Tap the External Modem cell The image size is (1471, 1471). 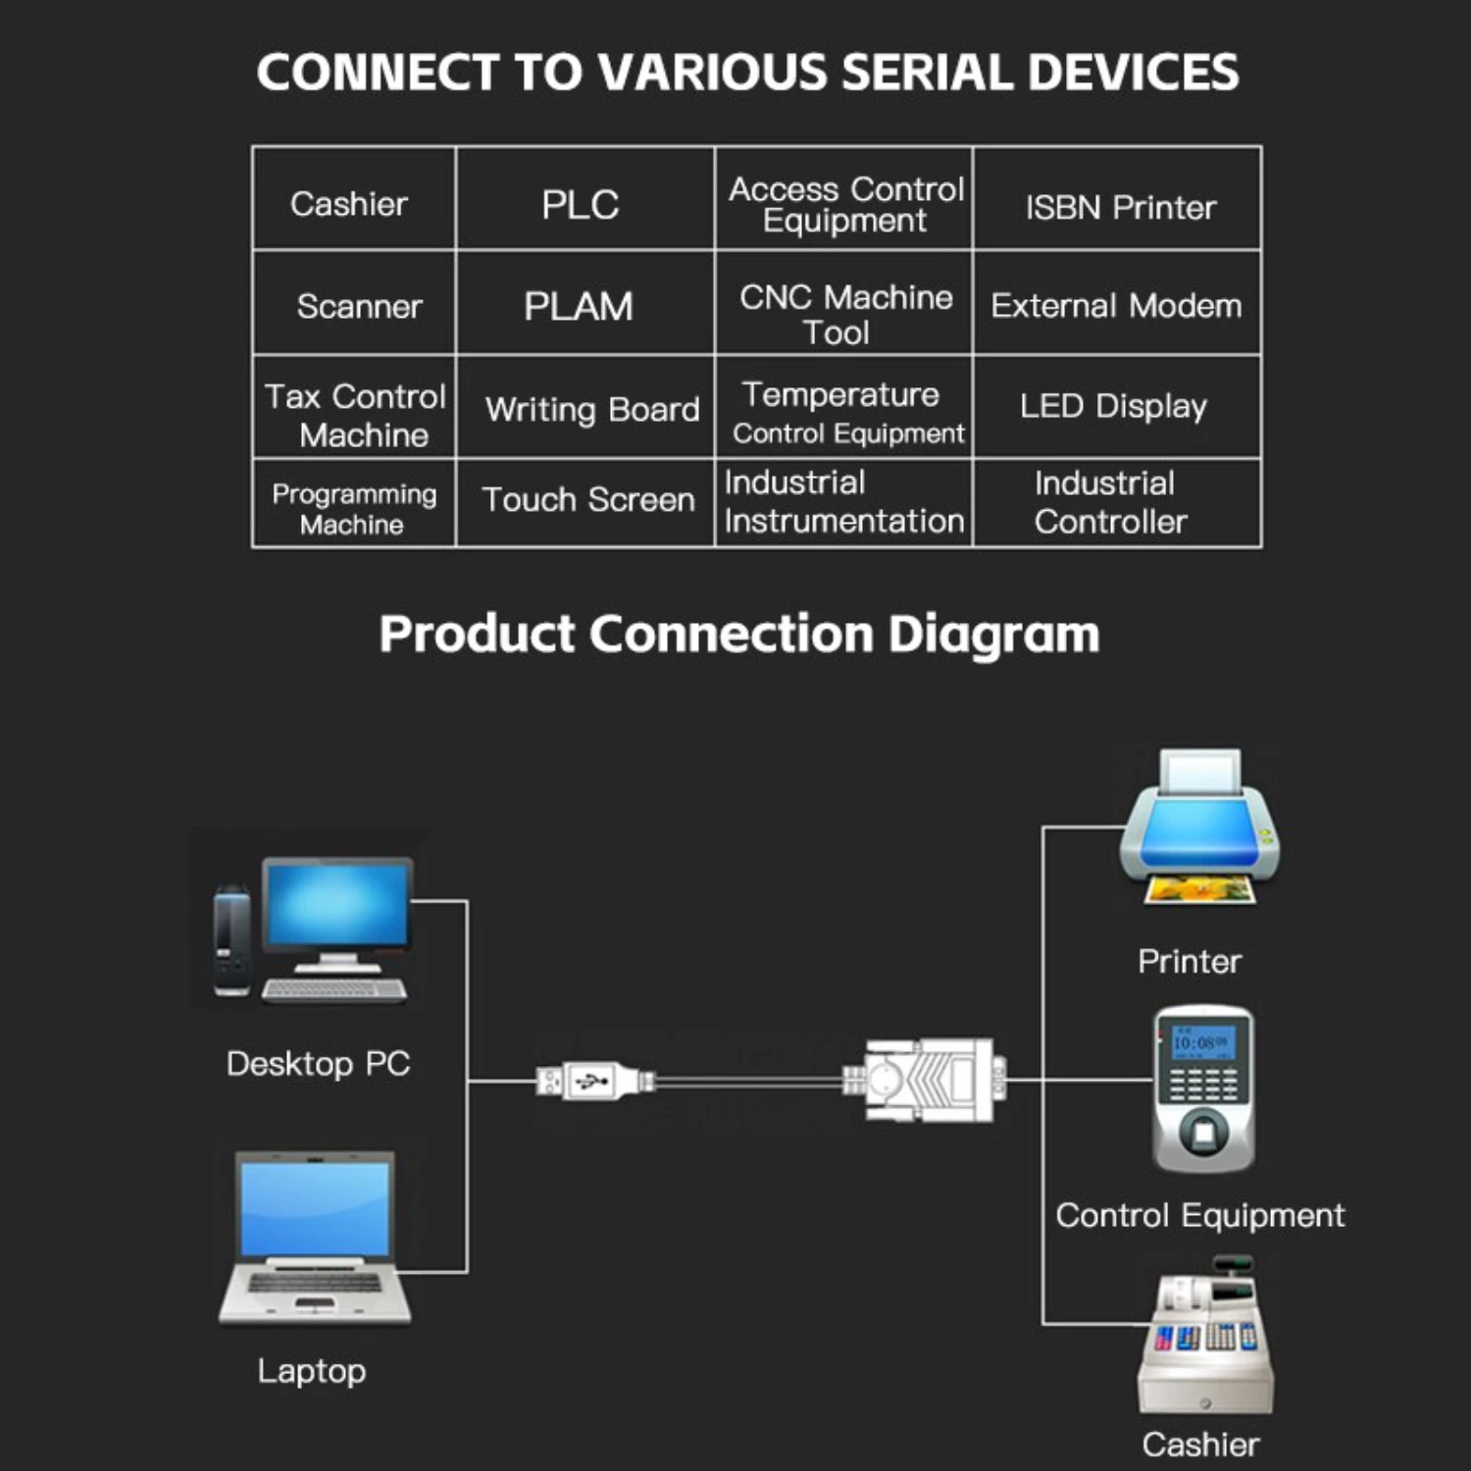click(1116, 306)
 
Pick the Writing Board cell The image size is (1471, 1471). click(591, 409)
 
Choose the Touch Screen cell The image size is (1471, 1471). click(588, 500)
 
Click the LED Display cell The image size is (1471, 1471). click(1113, 406)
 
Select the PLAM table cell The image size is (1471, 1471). click(579, 306)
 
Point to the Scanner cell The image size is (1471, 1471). click(359, 306)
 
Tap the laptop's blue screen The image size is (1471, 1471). click(315, 1207)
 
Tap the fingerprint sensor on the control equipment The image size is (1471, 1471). click(1203, 1134)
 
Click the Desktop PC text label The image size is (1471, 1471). click(318, 1064)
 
